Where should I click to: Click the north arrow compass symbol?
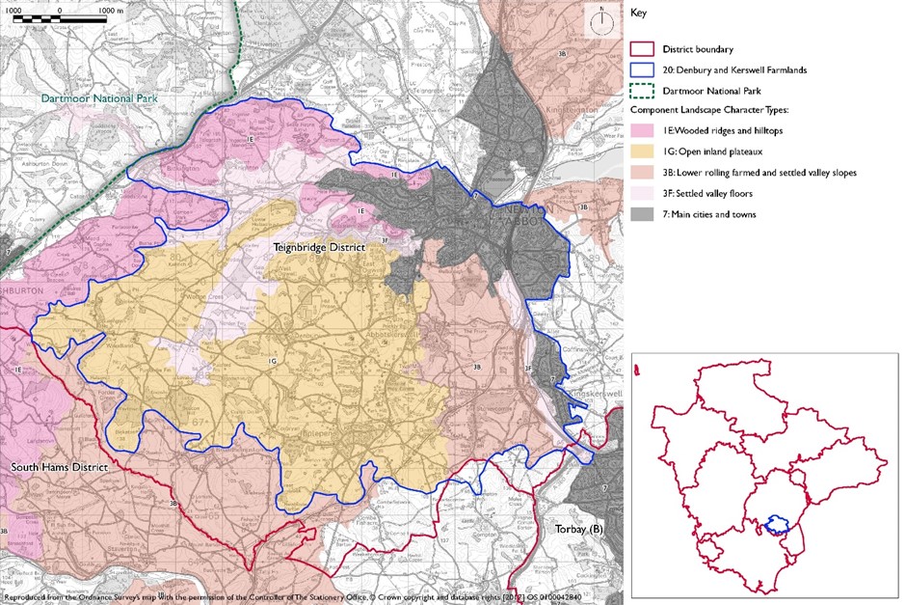coord(600,20)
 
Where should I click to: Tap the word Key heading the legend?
coord(637,14)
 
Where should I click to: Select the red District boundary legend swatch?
coord(643,49)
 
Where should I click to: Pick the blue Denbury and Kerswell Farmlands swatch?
coord(643,69)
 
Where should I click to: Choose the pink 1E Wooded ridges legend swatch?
coord(643,131)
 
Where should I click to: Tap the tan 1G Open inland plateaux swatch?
coord(643,152)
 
